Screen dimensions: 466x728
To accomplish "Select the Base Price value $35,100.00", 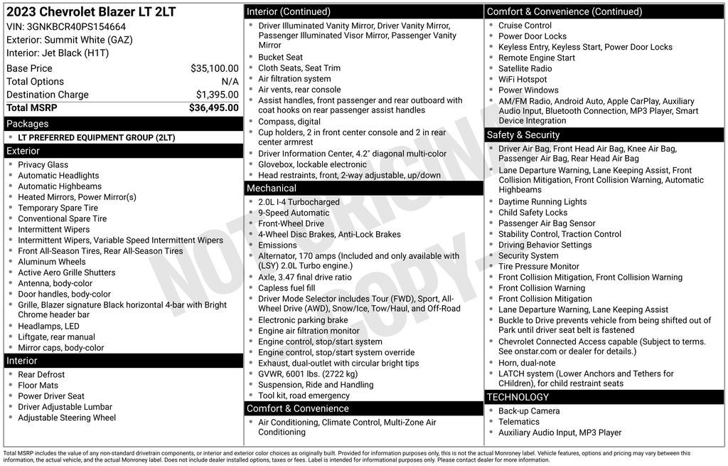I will tap(214, 68).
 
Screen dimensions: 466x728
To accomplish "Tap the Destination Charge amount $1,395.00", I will tap(217, 95).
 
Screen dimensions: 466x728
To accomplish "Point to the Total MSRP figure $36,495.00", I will tap(213, 107).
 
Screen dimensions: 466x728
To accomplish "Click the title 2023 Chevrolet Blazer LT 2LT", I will tap(91, 12).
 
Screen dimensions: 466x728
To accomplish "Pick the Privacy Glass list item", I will tap(43, 164).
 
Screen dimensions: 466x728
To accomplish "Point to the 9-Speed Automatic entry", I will tap(294, 213).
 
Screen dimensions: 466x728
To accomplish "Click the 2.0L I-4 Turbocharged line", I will tap(299, 202).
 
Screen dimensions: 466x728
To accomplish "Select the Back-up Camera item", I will tap(529, 411).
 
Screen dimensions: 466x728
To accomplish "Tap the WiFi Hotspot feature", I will tap(523, 80).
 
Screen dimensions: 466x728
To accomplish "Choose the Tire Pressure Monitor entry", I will tap(539, 266).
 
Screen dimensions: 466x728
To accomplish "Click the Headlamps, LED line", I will tap(48, 326).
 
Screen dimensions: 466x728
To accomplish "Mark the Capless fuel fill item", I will tap(287, 288).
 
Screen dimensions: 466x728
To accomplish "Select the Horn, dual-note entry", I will tap(527, 363).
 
